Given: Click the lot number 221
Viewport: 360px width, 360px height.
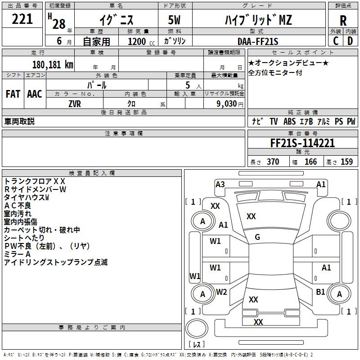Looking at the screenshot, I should [x=22, y=20].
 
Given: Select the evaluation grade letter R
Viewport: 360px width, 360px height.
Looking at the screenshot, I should [x=343, y=20].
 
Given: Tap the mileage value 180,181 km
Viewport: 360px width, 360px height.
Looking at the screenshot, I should [x=53, y=64].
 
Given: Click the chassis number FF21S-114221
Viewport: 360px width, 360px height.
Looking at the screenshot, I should [x=302, y=143].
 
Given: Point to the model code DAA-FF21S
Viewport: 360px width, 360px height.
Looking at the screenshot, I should [x=258, y=41].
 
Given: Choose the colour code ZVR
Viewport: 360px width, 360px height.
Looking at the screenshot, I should [x=75, y=103].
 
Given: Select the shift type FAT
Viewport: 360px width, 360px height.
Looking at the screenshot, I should [x=13, y=94].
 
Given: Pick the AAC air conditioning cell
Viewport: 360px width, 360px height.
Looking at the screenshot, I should [x=35, y=94].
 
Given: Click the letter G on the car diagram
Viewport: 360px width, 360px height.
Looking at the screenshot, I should [x=257, y=237].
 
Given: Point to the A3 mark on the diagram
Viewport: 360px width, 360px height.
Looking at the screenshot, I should [x=220, y=184].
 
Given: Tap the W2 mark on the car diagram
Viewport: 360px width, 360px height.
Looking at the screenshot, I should [x=221, y=292].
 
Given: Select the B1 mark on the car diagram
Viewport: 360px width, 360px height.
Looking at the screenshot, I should [x=320, y=292].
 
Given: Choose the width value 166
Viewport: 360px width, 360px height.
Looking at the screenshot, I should [x=310, y=162].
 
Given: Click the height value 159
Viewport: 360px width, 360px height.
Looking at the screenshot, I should [x=346, y=162].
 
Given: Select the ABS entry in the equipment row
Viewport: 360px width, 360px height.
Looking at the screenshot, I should [x=289, y=121].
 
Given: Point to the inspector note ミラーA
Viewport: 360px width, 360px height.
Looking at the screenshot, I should [x=18, y=254].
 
